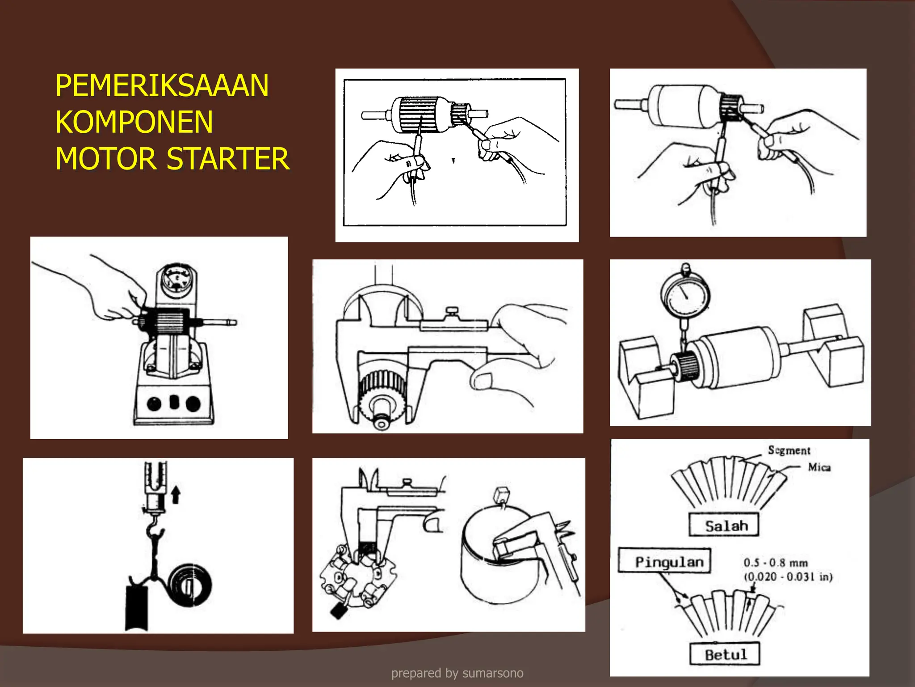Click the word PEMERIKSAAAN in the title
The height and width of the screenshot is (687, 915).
tap(162, 86)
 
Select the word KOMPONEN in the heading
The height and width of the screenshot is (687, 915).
tap(134, 123)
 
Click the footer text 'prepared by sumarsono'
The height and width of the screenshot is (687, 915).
tap(457, 673)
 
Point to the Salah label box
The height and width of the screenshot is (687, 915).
tap(724, 525)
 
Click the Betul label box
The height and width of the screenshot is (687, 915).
tap(725, 654)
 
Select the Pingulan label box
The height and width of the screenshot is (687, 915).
tap(664, 561)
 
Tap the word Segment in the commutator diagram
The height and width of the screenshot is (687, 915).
tap(789, 450)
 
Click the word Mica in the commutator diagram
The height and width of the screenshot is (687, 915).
tap(819, 467)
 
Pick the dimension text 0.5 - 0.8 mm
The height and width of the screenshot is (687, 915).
tap(775, 563)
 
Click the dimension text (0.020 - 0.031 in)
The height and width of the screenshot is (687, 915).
tap(788, 577)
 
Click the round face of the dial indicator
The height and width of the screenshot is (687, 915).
tap(685, 296)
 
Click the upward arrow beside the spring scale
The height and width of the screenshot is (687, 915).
tap(176, 495)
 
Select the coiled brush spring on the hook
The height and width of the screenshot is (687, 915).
tap(189, 585)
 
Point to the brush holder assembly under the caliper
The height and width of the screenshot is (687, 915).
tap(357, 579)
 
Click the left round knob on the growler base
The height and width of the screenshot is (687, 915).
tap(154, 403)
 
